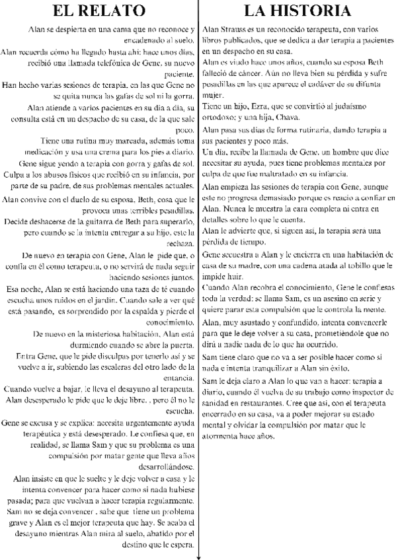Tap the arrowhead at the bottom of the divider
[198, 557]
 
